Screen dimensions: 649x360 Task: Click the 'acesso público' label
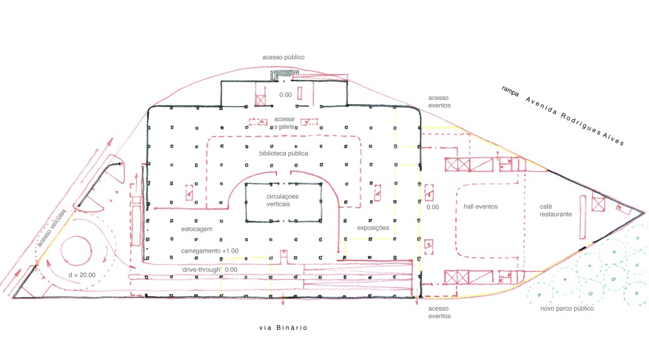[283, 57]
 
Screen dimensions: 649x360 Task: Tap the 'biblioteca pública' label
[283, 153]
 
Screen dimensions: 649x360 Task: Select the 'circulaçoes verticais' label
[282, 200]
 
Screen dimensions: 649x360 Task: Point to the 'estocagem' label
[197, 229]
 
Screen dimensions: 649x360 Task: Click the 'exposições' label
[373, 228]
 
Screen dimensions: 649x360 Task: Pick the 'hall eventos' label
[481, 207]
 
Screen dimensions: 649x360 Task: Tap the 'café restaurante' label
[555, 210]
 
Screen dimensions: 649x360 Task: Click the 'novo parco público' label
[567, 308]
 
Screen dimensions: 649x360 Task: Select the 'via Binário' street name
[283, 328]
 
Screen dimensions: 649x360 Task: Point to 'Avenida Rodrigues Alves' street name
[575, 121]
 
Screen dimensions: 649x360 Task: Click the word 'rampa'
[510, 91]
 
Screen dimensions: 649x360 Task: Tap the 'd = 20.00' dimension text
[82, 275]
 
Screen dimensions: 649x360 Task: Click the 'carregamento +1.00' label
[210, 251]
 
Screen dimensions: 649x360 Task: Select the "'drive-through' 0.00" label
[209, 270]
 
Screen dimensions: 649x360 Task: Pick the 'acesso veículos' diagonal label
[51, 228]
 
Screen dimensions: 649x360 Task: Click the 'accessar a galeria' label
[285, 123]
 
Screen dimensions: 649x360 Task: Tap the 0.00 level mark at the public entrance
[285, 95]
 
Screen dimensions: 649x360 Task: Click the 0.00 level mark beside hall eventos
[432, 207]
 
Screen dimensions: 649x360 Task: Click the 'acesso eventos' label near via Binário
[439, 312]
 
